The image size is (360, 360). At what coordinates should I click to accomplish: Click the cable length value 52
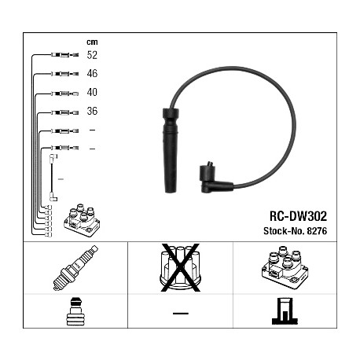(92, 55)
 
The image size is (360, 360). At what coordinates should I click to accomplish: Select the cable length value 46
(92, 73)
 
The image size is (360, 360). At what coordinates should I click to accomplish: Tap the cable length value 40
(92, 92)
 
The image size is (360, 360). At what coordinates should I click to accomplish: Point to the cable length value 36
(92, 111)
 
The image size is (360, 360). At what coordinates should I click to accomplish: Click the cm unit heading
(92, 42)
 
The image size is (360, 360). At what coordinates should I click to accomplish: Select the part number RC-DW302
(298, 216)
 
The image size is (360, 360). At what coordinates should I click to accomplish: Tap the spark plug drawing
(75, 268)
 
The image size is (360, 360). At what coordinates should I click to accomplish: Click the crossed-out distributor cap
(180, 267)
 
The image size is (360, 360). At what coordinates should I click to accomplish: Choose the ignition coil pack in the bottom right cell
(285, 267)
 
